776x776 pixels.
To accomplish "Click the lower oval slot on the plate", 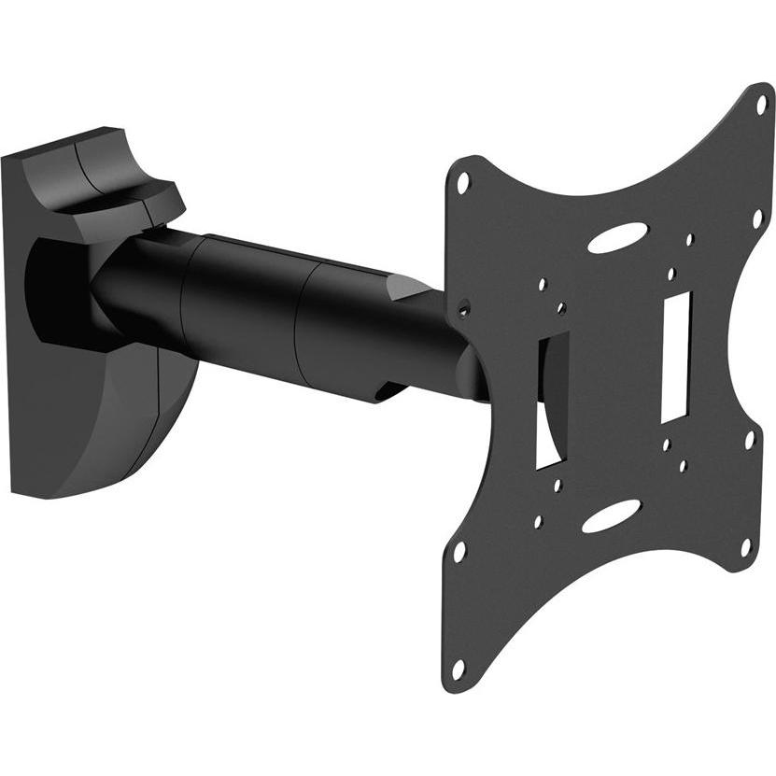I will point(612,515).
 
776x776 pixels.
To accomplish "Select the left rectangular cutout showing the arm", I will point(548,400).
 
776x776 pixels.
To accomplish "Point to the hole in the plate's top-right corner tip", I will point(761,104).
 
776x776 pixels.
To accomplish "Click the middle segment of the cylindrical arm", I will point(247,308).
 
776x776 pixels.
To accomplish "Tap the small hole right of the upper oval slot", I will point(689,240).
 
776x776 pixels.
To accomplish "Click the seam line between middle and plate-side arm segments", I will point(301,322).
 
